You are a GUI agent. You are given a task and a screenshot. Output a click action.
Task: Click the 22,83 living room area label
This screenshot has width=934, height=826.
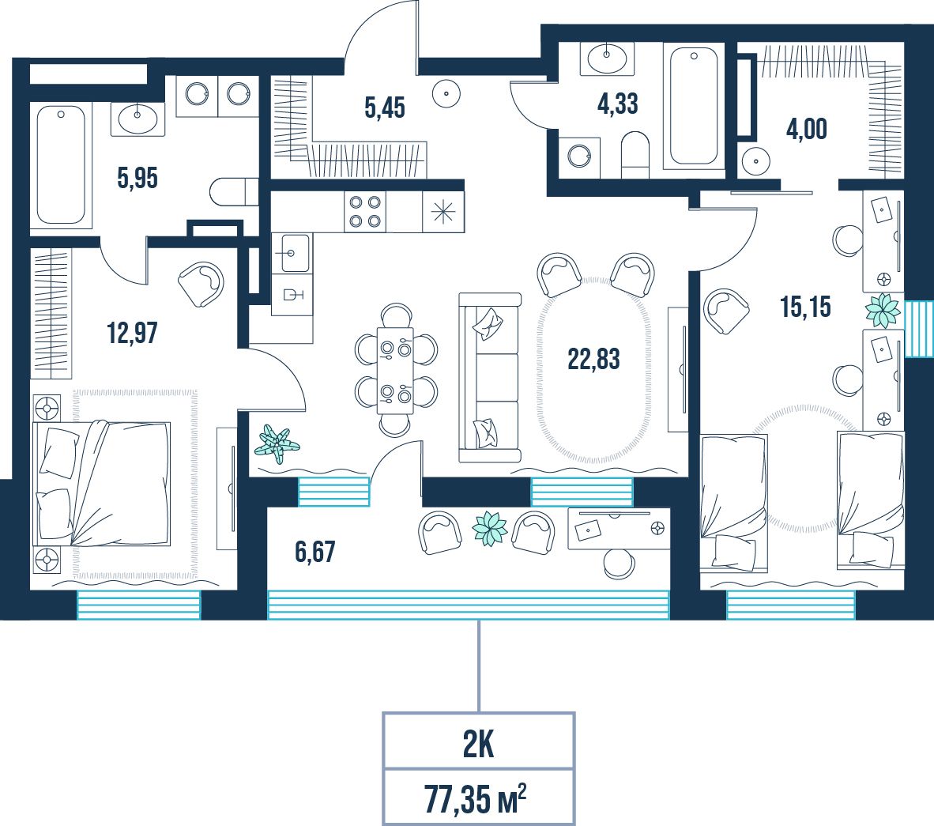pyautogui.click(x=593, y=360)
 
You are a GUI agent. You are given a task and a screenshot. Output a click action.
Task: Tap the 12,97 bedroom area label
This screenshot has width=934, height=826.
pyautogui.click(x=132, y=333)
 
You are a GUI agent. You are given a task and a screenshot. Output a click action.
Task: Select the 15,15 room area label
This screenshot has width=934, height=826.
pyautogui.click(x=805, y=307)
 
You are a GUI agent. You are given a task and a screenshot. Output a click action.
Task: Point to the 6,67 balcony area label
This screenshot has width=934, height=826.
pyautogui.click(x=315, y=552)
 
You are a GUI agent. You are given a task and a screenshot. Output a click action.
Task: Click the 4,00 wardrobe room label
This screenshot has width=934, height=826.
pyautogui.click(x=807, y=130)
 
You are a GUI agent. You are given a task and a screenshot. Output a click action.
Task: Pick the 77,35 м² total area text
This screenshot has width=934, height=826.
pyautogui.click(x=476, y=798)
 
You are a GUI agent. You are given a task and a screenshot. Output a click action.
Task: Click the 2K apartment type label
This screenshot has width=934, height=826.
pyautogui.click(x=478, y=745)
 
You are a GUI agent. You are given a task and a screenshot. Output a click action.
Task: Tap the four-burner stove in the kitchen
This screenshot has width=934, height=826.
pyautogui.click(x=365, y=212)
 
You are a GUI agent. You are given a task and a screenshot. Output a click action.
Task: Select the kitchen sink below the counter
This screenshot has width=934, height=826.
pyautogui.click(x=292, y=253)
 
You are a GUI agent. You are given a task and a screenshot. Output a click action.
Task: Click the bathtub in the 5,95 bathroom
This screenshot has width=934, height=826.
pyautogui.click(x=61, y=164)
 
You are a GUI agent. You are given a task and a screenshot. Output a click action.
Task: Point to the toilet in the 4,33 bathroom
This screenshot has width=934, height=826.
pyautogui.click(x=635, y=154)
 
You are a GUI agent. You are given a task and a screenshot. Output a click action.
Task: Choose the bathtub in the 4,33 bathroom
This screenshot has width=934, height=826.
pyautogui.click(x=694, y=105)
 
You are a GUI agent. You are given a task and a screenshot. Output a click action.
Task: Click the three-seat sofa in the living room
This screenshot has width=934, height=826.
pyautogui.click(x=490, y=378)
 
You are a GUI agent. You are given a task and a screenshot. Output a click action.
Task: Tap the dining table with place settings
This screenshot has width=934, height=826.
pyautogui.click(x=396, y=370)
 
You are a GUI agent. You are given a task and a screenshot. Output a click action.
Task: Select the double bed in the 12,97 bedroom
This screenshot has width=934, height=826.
pyautogui.click(x=103, y=483)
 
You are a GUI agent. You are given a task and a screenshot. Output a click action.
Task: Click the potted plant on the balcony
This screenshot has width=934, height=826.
pyautogui.click(x=490, y=528)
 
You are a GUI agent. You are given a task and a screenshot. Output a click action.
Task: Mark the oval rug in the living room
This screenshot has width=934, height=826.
pyautogui.click(x=594, y=369)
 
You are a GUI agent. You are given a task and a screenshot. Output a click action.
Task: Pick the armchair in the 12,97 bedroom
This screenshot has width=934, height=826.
pyautogui.click(x=201, y=284)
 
